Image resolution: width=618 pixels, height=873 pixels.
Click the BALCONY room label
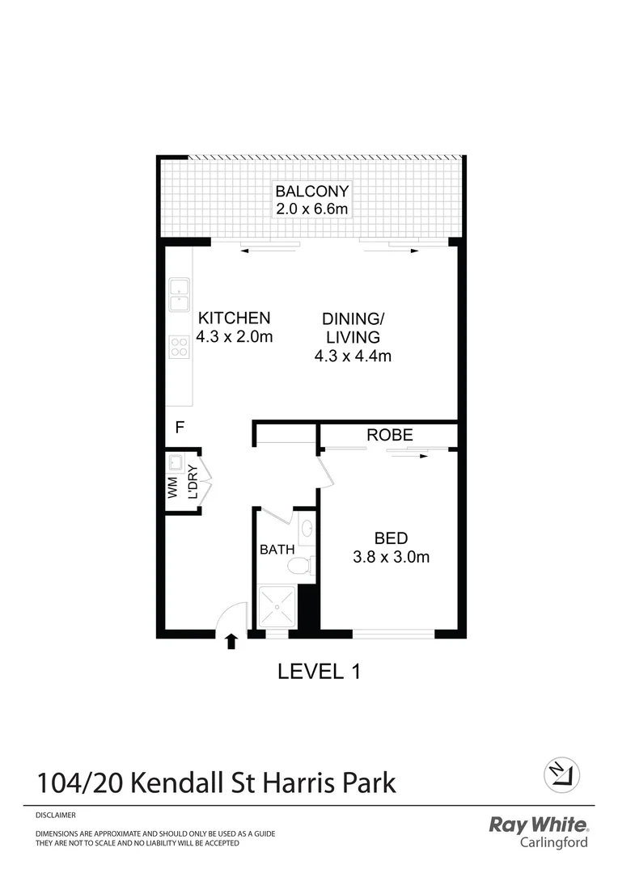pyautogui.click(x=312, y=192)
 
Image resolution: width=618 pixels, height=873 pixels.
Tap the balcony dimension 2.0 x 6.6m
pyautogui.click(x=312, y=209)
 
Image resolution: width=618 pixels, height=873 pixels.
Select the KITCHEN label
pyautogui.click(x=235, y=318)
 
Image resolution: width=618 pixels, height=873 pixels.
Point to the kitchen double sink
pyautogui.click(x=179, y=294)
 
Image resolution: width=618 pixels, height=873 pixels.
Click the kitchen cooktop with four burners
pyautogui.click(x=179, y=347)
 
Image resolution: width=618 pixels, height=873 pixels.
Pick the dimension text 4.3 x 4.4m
pyautogui.click(x=353, y=355)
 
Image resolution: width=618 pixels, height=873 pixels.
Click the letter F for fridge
pyautogui.click(x=180, y=426)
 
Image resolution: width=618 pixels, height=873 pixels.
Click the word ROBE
pyautogui.click(x=390, y=435)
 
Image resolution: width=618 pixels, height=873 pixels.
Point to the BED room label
pyautogui.click(x=391, y=538)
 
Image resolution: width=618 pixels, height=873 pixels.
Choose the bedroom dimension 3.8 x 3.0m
pyautogui.click(x=391, y=557)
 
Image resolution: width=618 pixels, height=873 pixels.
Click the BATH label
pyautogui.click(x=277, y=550)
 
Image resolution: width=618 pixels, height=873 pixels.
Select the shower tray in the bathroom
pyautogui.click(x=277, y=605)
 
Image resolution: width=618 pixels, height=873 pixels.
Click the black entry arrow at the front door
pyautogui.click(x=231, y=642)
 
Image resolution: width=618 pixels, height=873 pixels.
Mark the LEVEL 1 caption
pyautogui.click(x=318, y=671)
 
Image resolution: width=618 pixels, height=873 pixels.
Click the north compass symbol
pyautogui.click(x=561, y=776)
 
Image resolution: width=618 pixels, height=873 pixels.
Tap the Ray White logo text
pyautogui.click(x=539, y=824)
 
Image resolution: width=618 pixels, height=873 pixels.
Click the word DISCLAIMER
pyautogui.click(x=56, y=816)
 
